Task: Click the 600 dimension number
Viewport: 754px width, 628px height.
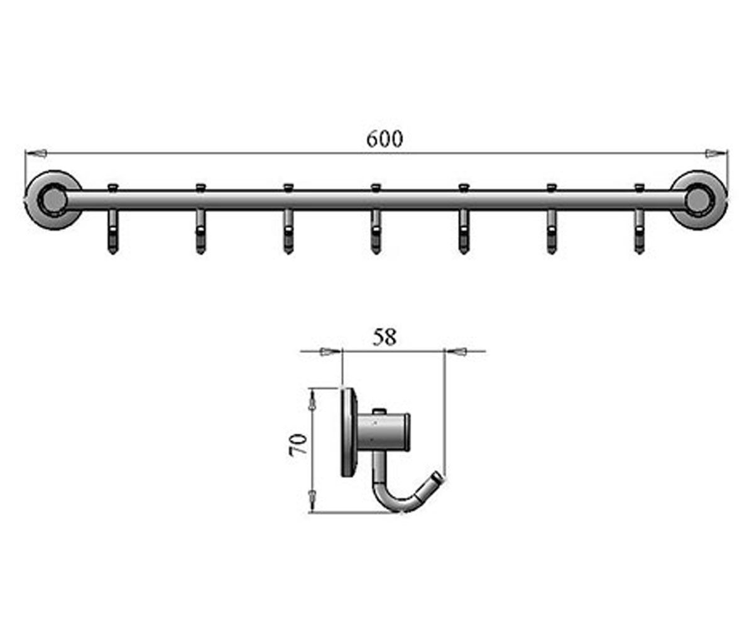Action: point(385,139)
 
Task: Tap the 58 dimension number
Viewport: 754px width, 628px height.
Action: point(384,337)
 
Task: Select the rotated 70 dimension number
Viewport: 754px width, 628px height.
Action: point(298,443)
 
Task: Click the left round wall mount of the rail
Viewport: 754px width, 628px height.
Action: point(53,199)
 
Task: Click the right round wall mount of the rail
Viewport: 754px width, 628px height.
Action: point(699,199)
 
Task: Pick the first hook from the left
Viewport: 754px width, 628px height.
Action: point(113,231)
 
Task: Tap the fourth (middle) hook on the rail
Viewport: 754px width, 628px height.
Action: point(376,231)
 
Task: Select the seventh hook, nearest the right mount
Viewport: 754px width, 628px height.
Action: point(640,231)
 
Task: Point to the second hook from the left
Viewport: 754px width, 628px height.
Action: point(201,231)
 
